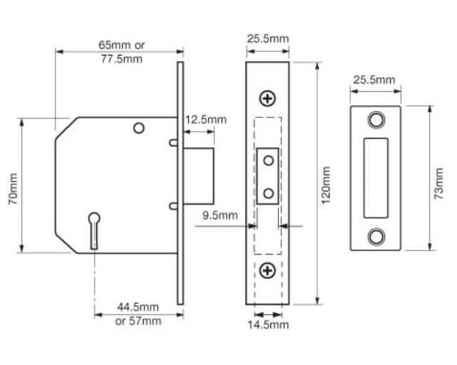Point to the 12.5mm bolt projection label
pyautogui.click(x=206, y=119)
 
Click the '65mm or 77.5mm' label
pyautogui.click(x=120, y=51)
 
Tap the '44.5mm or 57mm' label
pyautogui.click(x=137, y=314)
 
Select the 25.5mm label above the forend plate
pyautogui.click(x=268, y=36)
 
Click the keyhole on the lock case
pyautogui.click(x=93, y=228)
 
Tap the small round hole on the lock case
pyautogui.click(x=139, y=128)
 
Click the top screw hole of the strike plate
pyautogui.click(x=375, y=119)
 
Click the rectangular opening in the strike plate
pyautogui.click(x=375, y=178)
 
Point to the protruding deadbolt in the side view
pyautogui.click(x=199, y=175)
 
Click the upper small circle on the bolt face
pyautogui.click(x=268, y=162)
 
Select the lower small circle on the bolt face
pyautogui.click(x=268, y=193)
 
